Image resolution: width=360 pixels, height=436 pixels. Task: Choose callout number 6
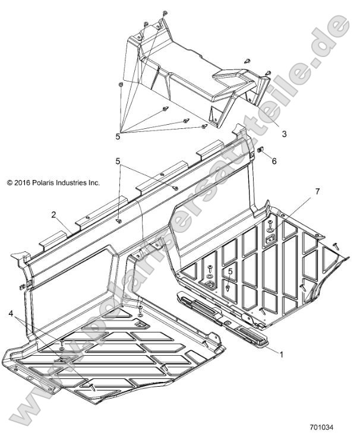274,161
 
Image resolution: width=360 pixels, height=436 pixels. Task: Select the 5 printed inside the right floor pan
231,271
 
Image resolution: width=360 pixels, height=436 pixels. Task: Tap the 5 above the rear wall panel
118,161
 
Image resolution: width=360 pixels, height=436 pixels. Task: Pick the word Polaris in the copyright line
42,183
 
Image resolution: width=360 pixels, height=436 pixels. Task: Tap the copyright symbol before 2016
9,183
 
